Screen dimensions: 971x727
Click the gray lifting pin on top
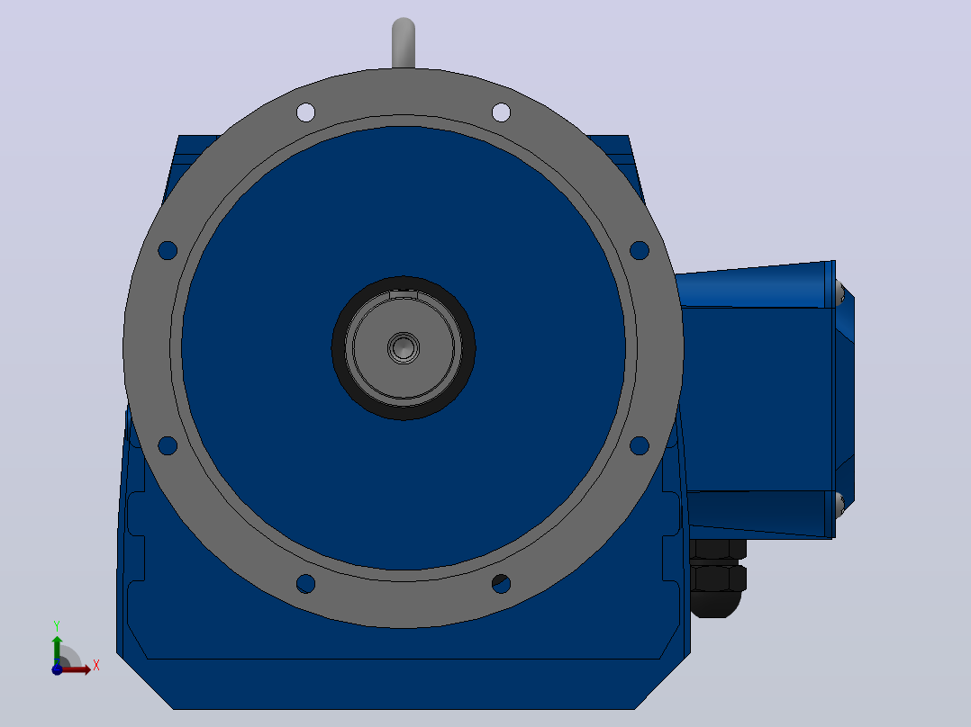[x=404, y=42]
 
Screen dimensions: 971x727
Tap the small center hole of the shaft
[x=404, y=347]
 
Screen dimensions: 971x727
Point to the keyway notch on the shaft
[x=404, y=294]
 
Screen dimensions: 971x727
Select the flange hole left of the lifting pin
[x=306, y=112]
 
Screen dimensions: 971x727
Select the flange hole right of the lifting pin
[x=501, y=112]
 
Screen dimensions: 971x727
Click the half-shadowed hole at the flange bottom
[x=501, y=583]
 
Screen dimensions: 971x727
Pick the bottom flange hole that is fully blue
[x=306, y=583]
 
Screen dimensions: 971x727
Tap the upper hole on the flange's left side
[x=168, y=251]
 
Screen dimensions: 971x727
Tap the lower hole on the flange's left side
[x=168, y=445]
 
